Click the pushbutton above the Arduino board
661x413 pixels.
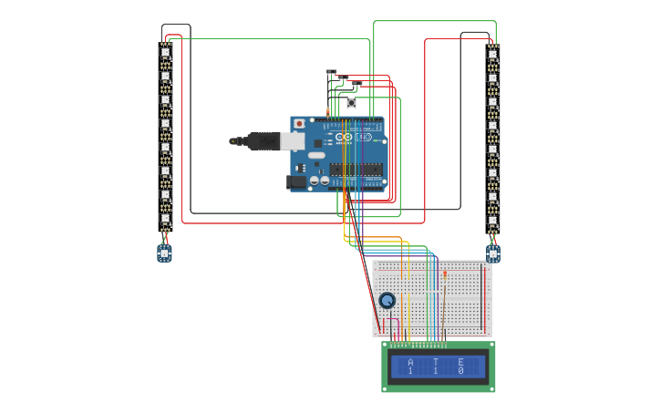[x=351, y=103]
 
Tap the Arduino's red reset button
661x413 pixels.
[x=298, y=123]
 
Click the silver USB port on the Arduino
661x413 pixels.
[x=293, y=140]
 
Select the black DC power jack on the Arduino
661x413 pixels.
[x=296, y=181]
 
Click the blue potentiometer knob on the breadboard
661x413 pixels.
[x=387, y=301]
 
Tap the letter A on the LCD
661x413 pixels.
[x=410, y=362]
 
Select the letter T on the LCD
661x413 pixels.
[x=436, y=362]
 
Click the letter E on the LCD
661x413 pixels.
[x=460, y=362]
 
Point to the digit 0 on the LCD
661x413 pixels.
[x=460, y=371]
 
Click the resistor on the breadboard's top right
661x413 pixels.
[x=445, y=273]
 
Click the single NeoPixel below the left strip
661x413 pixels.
[x=164, y=253]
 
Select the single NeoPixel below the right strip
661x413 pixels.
[x=493, y=253]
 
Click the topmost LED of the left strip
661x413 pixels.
[x=166, y=53]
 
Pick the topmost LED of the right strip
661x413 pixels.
[x=492, y=54]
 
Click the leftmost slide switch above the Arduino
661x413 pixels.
[x=331, y=72]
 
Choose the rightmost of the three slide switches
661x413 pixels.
[x=356, y=85]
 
